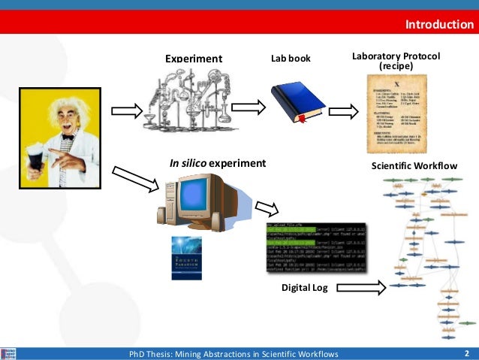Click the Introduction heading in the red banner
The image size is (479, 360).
[439, 25]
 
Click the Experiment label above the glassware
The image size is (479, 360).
[194, 59]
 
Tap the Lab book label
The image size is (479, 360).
[291, 58]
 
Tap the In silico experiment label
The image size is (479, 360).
[218, 162]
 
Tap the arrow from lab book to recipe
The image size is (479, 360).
[343, 112]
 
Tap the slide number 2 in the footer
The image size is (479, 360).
[466, 353]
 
